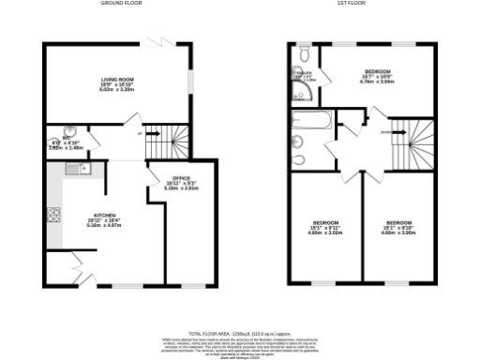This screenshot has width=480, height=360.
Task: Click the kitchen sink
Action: tap(76, 168)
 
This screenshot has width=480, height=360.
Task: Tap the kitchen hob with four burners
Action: tap(53, 217)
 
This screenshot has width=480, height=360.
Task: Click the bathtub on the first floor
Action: tap(310, 120)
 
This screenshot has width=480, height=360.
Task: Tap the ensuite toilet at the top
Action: tap(305, 51)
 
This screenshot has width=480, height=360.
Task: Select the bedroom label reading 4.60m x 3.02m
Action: tap(325, 226)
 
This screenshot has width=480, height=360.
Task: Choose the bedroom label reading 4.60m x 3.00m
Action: tap(398, 226)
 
